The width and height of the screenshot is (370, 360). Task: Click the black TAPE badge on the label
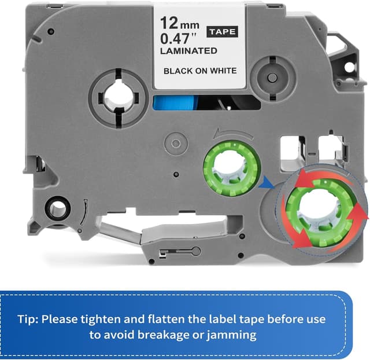(x=222, y=32)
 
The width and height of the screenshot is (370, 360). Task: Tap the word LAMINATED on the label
(x=188, y=51)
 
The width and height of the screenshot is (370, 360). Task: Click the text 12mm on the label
(x=180, y=23)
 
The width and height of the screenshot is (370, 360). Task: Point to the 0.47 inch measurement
(x=178, y=38)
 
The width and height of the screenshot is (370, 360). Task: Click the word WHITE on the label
(x=223, y=71)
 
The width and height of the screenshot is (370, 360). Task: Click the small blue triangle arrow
(x=267, y=182)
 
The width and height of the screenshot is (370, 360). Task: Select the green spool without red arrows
(x=232, y=168)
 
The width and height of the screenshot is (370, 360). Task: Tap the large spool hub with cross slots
(x=119, y=98)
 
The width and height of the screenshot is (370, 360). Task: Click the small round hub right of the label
(x=272, y=76)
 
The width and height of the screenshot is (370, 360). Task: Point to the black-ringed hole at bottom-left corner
(x=58, y=208)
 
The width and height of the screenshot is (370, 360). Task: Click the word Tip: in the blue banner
(x=28, y=319)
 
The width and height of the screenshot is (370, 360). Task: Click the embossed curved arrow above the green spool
(x=233, y=133)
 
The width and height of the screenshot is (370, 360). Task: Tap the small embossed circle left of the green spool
(x=176, y=144)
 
